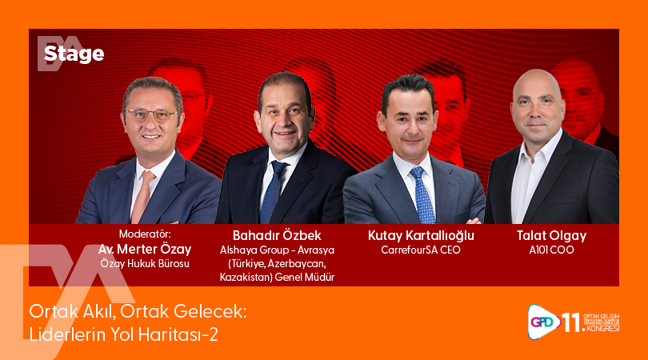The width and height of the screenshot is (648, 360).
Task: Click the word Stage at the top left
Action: (x=74, y=54)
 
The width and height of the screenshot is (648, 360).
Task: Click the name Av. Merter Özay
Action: (x=145, y=249)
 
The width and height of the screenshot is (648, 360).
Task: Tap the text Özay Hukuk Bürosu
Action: (x=145, y=263)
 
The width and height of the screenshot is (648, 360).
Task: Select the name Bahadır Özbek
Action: (x=277, y=235)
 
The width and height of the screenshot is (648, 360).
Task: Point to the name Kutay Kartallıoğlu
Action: (x=421, y=235)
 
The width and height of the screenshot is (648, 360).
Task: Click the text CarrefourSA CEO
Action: (x=421, y=250)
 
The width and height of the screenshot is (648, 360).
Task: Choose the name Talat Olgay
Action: (x=551, y=235)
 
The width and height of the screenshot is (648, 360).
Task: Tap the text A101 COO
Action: (x=551, y=250)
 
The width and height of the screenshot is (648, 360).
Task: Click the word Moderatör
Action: (x=145, y=234)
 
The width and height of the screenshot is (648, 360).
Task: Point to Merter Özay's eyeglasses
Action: (x=151, y=114)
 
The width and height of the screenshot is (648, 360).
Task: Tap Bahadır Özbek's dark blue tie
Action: (x=274, y=192)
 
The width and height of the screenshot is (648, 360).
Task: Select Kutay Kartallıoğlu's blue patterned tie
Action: (x=422, y=196)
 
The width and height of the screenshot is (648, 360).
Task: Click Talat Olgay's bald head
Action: (x=535, y=82)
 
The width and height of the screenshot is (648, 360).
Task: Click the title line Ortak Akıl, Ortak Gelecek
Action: (x=138, y=311)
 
